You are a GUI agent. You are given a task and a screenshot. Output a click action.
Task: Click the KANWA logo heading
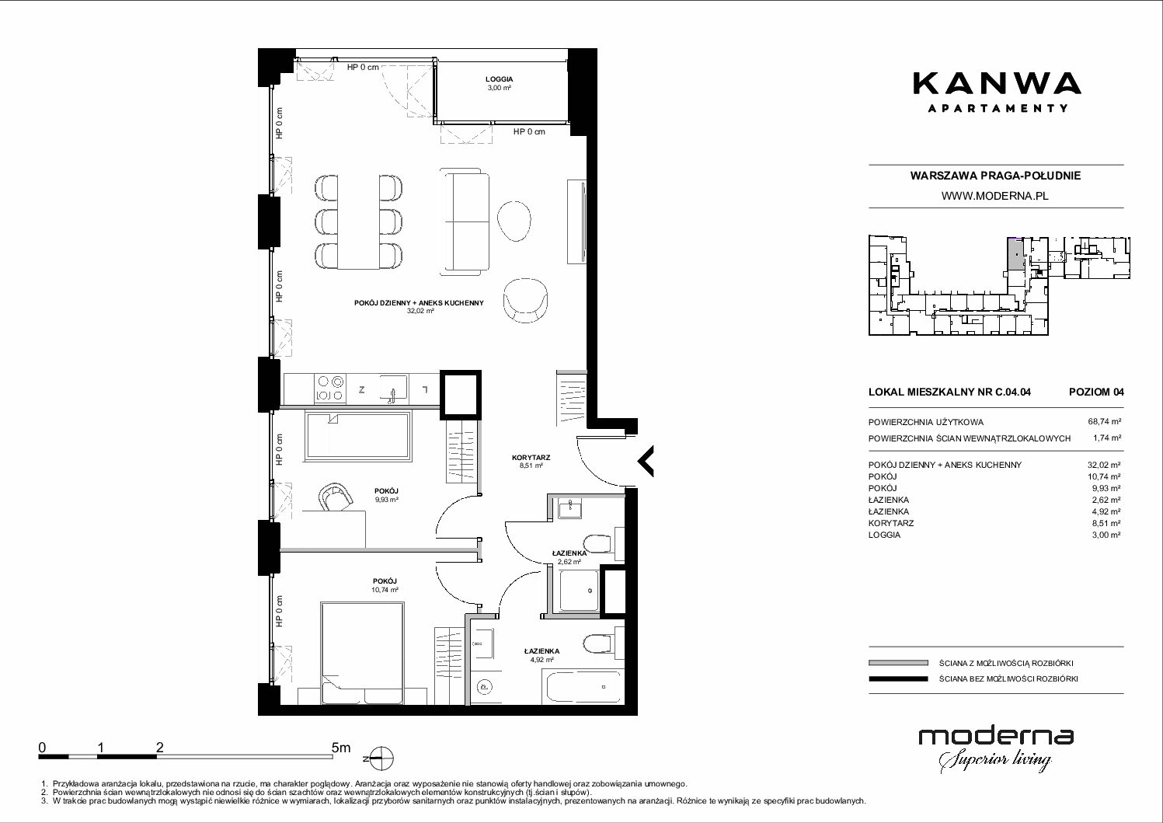997,85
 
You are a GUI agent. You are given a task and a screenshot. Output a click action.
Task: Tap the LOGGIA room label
499,79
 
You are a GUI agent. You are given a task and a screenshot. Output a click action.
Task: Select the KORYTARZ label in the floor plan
531,458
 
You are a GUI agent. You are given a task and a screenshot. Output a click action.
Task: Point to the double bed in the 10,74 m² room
362,653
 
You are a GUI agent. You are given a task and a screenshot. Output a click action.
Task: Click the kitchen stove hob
330,389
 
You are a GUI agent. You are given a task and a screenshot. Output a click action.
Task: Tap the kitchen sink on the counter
394,389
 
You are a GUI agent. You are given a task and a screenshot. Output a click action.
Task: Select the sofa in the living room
465,221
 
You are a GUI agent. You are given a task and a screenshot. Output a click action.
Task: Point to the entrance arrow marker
646,461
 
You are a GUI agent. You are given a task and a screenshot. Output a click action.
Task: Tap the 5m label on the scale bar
341,747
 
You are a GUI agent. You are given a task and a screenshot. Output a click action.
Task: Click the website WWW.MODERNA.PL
994,196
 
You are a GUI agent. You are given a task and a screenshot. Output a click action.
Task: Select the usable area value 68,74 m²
1104,422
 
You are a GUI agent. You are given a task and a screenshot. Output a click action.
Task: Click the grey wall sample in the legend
898,663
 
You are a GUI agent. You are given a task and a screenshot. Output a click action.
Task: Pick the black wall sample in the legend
898,678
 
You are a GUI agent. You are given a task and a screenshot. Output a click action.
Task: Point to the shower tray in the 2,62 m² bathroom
580,591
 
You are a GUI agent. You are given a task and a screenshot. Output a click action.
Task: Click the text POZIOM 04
1096,392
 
